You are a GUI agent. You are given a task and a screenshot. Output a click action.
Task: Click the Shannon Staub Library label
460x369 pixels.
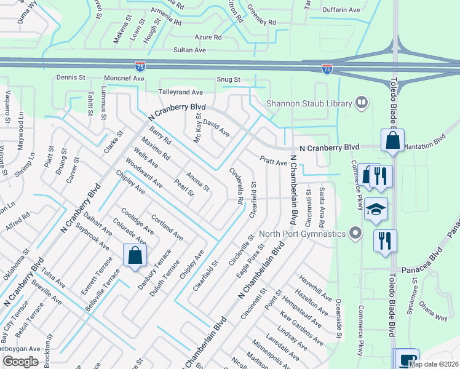pos(307,103)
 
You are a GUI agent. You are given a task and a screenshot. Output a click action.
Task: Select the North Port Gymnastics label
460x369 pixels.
pos(302,233)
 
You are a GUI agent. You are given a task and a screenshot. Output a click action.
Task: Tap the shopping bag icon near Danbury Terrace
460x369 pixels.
pos(135,255)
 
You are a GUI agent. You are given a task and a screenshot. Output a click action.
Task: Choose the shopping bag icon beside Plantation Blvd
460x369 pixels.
pos(392,140)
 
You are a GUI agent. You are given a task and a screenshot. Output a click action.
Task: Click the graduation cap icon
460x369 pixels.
pos(376,208)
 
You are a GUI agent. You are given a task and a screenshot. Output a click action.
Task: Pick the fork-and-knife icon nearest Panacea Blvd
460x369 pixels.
pos(385,240)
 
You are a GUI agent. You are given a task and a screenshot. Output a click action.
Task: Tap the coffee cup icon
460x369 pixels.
pos(406,359)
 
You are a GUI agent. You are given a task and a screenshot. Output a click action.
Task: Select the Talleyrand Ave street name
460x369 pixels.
pos(181,92)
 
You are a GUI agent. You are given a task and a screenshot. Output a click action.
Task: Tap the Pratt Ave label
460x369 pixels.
pos(273,161)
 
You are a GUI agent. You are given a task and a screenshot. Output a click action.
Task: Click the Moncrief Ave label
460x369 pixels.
pos(124,79)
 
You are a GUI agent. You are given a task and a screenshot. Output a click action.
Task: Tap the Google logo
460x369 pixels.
pos(20,362)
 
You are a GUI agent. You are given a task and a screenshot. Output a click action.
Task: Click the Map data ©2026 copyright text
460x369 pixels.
pos(433,364)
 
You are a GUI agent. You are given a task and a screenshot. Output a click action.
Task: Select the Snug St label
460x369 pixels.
pos(228,80)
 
